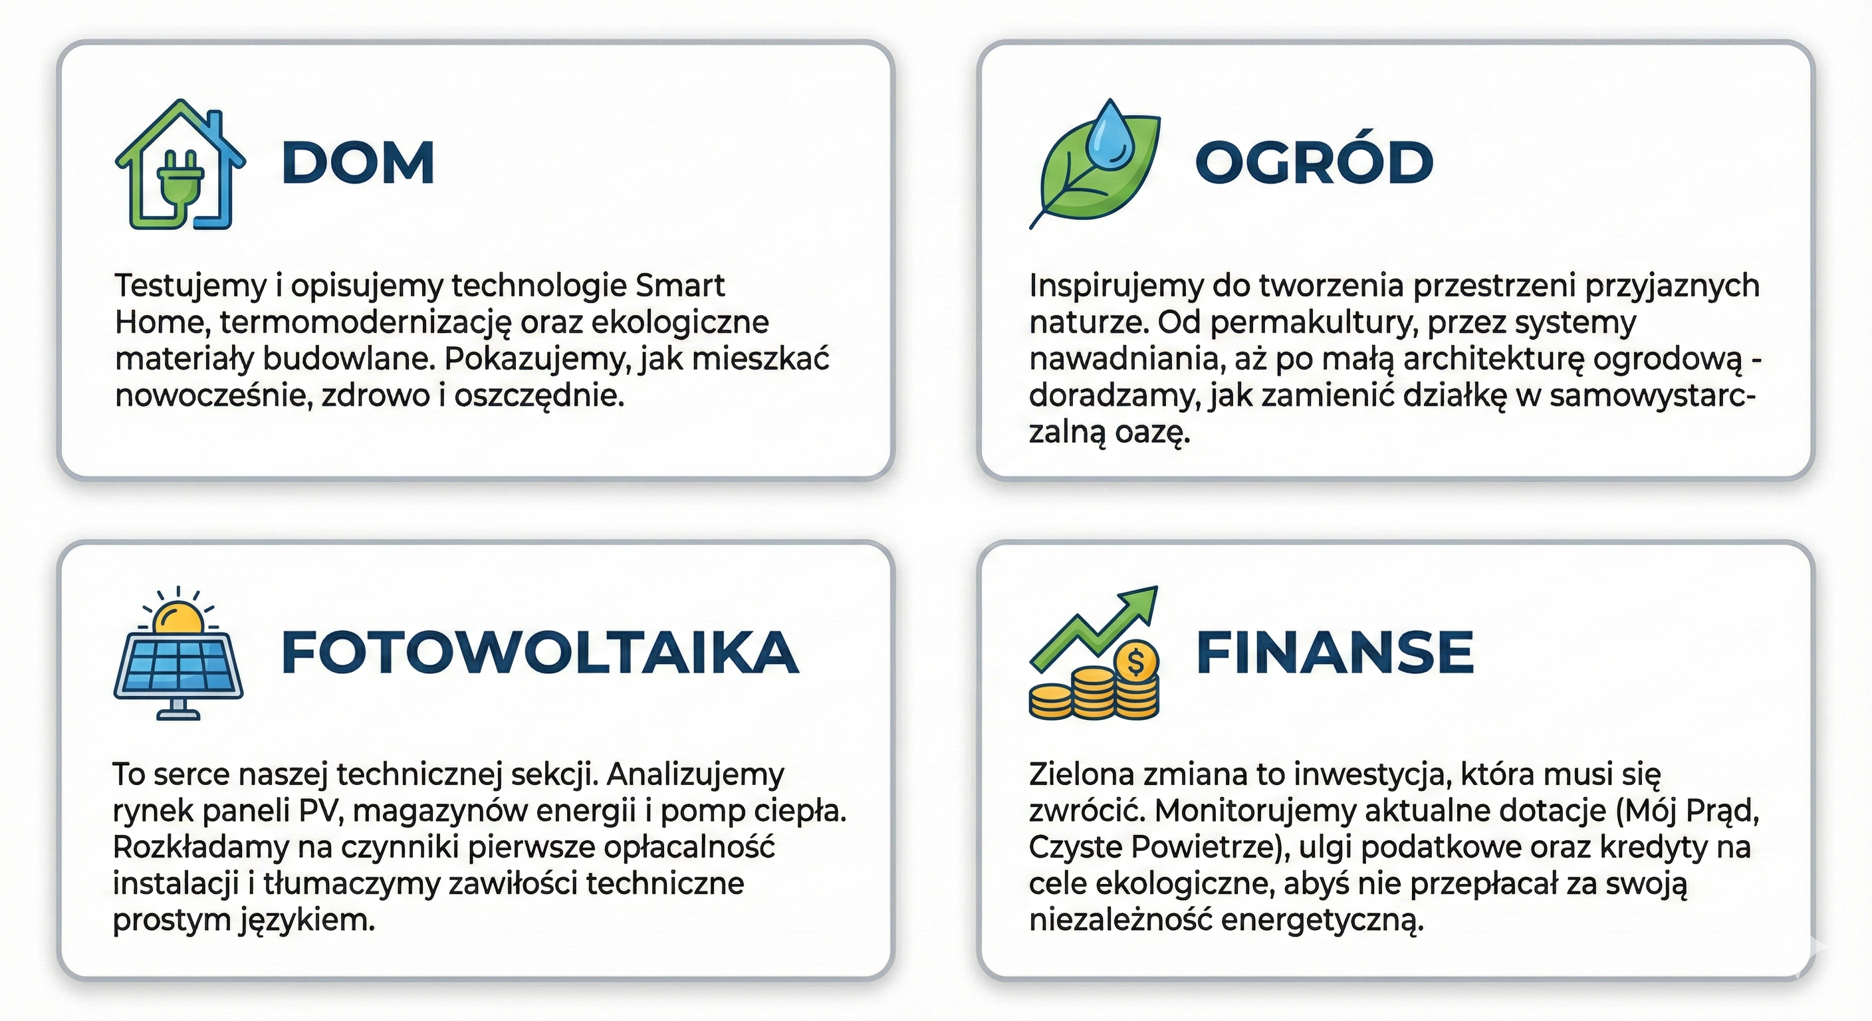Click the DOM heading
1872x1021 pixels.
click(358, 162)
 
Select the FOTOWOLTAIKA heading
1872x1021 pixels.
click(540, 652)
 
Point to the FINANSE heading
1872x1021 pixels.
click(1334, 652)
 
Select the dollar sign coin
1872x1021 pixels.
click(1137, 661)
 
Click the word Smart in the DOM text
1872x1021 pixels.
click(680, 286)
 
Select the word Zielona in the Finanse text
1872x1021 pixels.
click(1081, 774)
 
